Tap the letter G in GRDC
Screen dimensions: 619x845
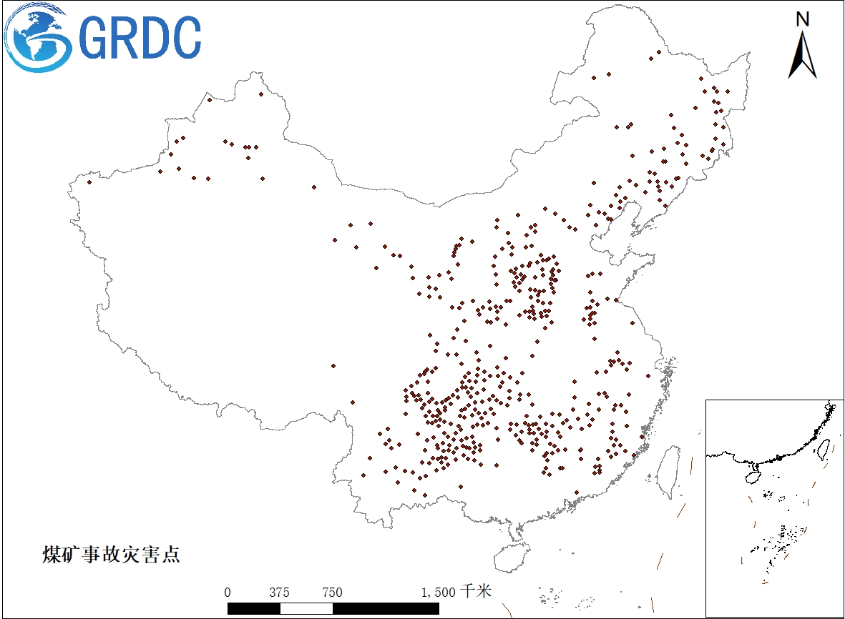coord(94,38)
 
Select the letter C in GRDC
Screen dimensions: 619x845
coord(185,38)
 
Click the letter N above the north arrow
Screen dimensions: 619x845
coord(803,19)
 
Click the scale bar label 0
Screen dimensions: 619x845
coord(228,593)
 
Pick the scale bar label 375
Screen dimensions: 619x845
coord(279,593)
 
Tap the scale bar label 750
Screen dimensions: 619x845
coord(332,593)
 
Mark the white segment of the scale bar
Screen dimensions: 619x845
coord(306,608)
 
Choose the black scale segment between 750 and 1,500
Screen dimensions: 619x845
coord(386,608)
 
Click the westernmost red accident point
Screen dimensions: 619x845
coord(89,182)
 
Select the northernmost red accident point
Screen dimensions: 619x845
coord(659,52)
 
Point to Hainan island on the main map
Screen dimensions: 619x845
coord(512,555)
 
